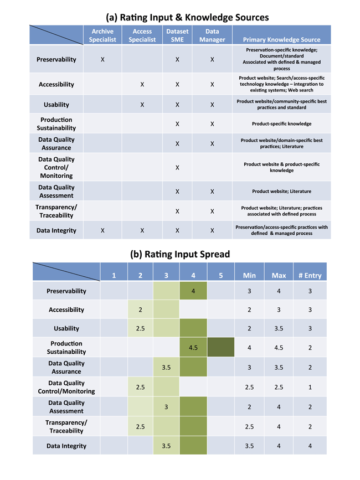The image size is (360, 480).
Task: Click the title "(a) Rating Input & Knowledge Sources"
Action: tap(187, 18)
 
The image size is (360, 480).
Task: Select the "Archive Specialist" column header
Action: tap(102, 35)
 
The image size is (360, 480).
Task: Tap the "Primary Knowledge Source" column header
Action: tap(282, 39)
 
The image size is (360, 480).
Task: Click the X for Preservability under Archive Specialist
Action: tap(102, 59)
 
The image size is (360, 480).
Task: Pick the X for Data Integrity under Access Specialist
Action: tap(142, 230)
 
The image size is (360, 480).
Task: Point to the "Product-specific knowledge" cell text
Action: tap(282, 123)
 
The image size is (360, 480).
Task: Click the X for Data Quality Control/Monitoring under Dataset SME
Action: tap(177, 167)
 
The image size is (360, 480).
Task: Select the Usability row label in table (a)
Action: tap(56, 105)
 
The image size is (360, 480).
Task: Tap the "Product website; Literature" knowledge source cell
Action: tap(282, 192)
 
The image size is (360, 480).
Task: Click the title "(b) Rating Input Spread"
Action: tap(180, 254)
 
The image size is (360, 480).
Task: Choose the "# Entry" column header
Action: tap(310, 276)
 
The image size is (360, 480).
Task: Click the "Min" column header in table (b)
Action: tap(249, 276)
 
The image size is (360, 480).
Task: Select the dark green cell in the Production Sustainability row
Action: tap(221, 347)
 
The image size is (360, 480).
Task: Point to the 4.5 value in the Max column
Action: tap(279, 348)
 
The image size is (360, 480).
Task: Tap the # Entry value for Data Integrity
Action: tap(310, 446)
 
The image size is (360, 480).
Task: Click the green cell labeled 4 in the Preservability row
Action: tap(193, 291)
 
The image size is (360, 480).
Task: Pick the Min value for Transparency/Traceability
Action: tap(249, 427)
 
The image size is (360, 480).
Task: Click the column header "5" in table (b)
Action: tap(221, 276)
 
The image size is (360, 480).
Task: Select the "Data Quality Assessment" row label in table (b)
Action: tap(66, 407)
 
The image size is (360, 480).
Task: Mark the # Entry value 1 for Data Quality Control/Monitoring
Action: tap(310, 387)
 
